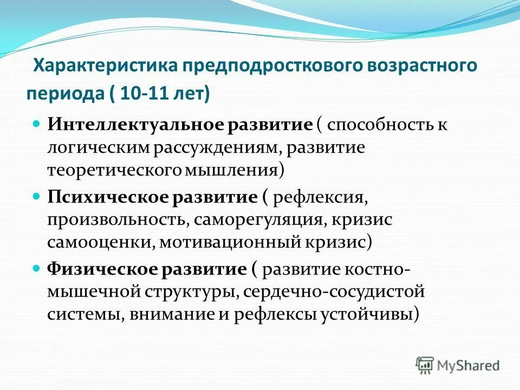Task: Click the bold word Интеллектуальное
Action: [x=136, y=125]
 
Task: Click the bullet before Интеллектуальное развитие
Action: [x=37, y=125]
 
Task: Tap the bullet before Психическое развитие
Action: [x=37, y=197]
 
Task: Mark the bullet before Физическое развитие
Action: [x=37, y=269]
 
